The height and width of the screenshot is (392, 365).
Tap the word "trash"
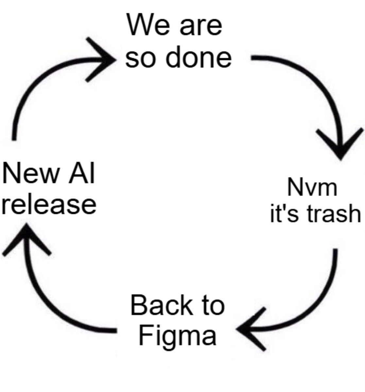tap(330, 214)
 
